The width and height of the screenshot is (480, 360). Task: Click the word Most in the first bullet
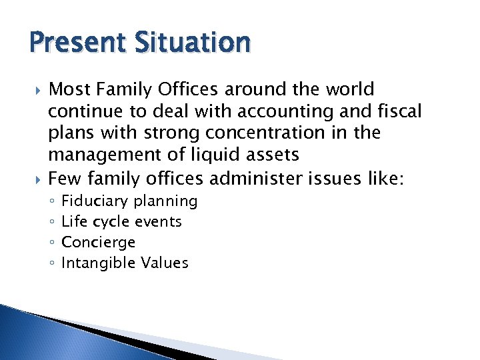point(71,89)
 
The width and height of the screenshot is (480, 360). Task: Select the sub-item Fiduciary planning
point(129,201)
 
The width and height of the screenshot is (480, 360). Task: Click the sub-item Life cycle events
point(121,221)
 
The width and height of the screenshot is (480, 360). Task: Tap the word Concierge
point(98,242)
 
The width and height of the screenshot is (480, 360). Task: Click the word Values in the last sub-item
point(165,263)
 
